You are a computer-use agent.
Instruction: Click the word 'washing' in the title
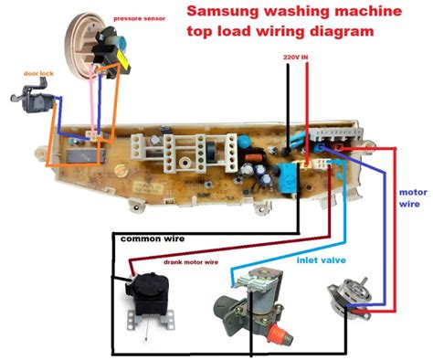(x=303, y=12)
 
